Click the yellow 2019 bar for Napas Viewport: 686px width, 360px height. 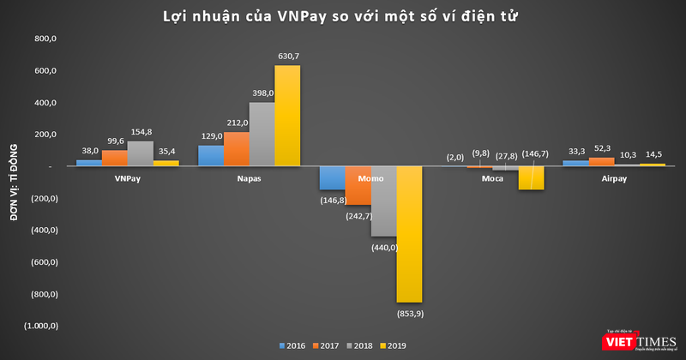[x=287, y=116]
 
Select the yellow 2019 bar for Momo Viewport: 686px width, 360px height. [x=410, y=233]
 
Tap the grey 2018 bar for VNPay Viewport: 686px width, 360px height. [x=140, y=154]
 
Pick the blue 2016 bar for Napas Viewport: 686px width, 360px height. [x=211, y=156]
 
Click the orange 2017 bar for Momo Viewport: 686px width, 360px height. [x=359, y=185]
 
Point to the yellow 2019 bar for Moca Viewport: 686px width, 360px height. [x=532, y=177]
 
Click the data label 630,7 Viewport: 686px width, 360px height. [x=288, y=57]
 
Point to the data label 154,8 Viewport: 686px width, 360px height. [x=141, y=132]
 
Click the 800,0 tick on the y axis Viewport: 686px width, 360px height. [x=45, y=39]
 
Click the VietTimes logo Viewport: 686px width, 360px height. [x=644, y=342]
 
